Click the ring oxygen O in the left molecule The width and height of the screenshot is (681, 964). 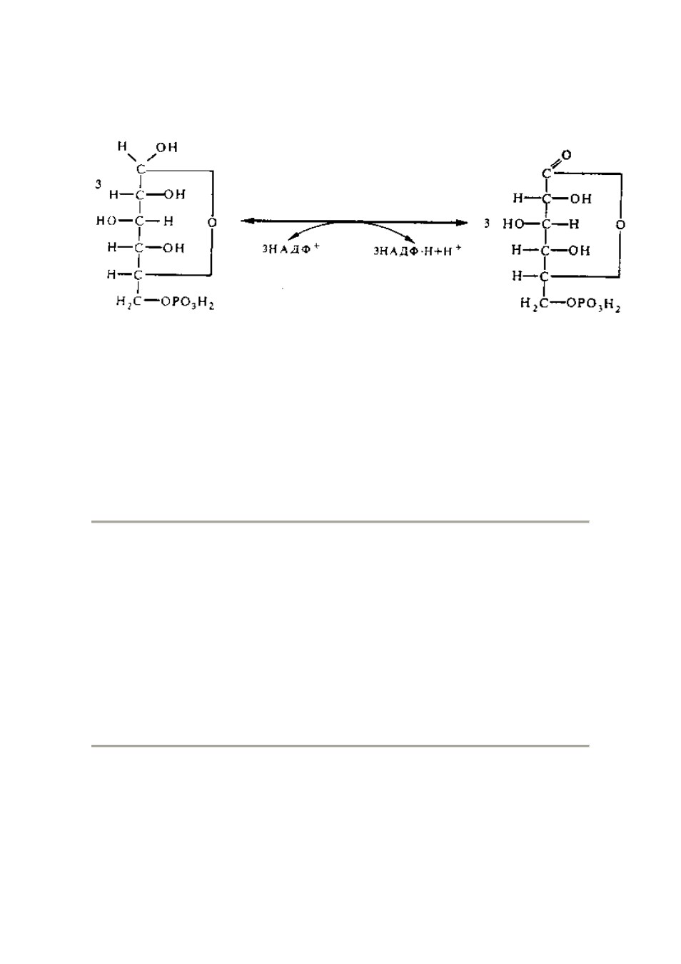click(212, 223)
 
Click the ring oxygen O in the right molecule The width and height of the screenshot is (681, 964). click(620, 225)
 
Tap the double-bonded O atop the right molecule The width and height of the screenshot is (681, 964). click(566, 154)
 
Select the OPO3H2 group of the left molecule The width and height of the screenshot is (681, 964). click(188, 303)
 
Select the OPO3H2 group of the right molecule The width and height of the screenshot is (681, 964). click(594, 305)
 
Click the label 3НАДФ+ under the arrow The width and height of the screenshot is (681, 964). click(291, 249)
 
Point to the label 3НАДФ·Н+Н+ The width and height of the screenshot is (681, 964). click(417, 251)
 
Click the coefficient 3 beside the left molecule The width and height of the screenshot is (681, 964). click(99, 185)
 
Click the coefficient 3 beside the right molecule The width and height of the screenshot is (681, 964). click(487, 224)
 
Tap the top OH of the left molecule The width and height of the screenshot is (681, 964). click(166, 148)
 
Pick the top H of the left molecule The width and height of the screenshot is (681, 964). click(122, 147)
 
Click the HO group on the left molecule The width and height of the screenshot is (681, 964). click(106, 221)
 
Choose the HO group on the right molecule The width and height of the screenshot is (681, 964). click(513, 224)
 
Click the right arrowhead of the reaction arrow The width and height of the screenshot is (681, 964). click(462, 223)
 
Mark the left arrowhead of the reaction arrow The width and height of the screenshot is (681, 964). click(246, 221)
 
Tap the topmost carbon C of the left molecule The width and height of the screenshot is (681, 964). click(140, 169)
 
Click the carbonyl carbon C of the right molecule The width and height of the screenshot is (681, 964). click(546, 174)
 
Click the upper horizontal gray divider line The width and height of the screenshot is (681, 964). click(340, 522)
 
